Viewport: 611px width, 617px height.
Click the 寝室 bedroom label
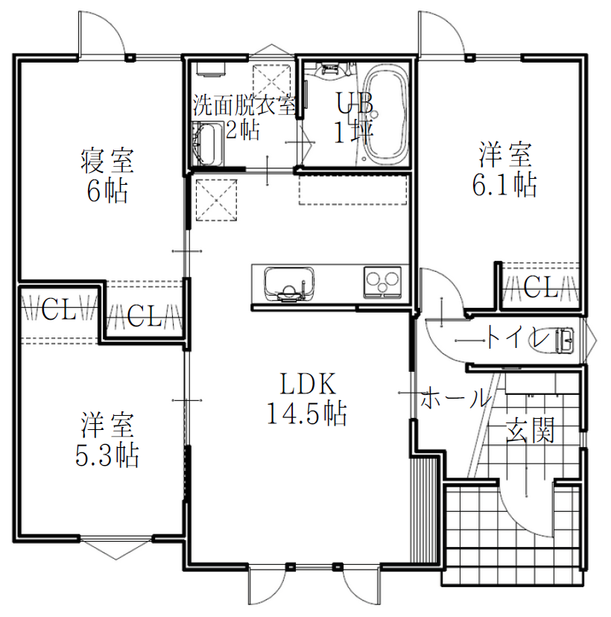[107, 160]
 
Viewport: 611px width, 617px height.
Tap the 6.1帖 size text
[504, 184]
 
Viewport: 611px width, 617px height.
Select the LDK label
[308, 384]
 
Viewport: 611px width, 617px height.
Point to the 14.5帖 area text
[307, 413]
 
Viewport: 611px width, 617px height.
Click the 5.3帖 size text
[107, 455]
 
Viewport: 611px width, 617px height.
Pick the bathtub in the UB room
[385, 114]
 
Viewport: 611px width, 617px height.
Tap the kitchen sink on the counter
[290, 284]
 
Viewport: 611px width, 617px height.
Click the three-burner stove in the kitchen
[382, 282]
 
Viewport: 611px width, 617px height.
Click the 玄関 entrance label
[530, 430]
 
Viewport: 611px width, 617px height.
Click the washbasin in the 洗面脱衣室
[207, 144]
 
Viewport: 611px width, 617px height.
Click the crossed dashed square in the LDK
[216, 200]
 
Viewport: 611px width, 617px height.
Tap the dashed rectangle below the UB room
[352, 190]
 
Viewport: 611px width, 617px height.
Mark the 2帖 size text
[243, 130]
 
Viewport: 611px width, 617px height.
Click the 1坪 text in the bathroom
[353, 131]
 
